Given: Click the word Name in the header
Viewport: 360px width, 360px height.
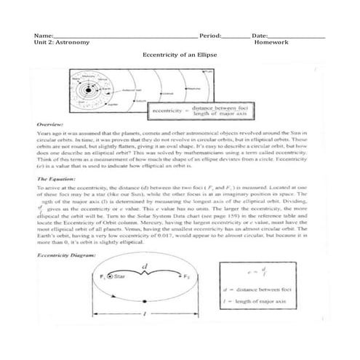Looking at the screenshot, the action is click(x=43, y=35).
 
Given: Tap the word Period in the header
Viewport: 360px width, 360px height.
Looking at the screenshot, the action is click(x=210, y=35).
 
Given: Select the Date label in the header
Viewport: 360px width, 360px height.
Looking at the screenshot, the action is click(x=260, y=35).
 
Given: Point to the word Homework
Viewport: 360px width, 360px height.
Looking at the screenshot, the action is click(x=272, y=42).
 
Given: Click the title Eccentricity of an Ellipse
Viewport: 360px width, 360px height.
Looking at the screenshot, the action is click(x=180, y=55).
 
